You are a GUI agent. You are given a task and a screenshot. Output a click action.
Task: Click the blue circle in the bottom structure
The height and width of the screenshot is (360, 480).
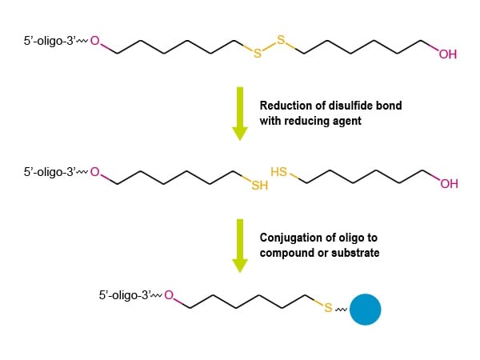click(366, 309)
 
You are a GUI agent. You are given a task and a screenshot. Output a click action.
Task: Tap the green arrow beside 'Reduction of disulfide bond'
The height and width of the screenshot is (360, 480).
click(240, 114)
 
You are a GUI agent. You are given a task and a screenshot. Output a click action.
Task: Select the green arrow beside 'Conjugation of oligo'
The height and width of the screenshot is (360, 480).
click(240, 246)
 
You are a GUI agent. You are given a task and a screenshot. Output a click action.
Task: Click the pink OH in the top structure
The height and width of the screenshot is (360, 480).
click(448, 54)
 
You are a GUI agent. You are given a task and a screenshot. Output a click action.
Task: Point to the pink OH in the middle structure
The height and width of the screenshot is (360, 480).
click(449, 184)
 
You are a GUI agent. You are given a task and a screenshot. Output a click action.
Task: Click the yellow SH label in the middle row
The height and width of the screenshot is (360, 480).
click(259, 186)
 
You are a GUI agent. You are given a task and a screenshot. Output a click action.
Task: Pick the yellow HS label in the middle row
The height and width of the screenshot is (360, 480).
click(279, 172)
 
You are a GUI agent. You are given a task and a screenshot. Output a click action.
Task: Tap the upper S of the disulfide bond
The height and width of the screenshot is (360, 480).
click(281, 40)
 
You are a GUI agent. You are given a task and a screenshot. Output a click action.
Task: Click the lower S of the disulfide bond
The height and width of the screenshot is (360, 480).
click(258, 54)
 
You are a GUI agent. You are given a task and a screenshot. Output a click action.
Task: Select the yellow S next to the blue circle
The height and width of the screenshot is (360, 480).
click(328, 307)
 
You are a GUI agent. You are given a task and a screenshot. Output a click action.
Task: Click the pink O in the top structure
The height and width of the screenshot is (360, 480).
click(95, 41)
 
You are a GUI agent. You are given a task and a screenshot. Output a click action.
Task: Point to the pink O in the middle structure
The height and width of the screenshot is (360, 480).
click(95, 172)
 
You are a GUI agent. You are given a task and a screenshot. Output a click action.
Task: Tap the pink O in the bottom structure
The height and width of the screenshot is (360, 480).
click(169, 295)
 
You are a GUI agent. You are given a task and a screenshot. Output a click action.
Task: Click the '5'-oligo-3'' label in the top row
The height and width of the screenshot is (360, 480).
click(50, 41)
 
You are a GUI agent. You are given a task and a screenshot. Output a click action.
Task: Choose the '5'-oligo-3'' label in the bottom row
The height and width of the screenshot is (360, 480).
click(124, 295)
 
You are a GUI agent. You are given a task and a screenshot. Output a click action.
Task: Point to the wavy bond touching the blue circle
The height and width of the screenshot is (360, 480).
click(341, 310)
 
